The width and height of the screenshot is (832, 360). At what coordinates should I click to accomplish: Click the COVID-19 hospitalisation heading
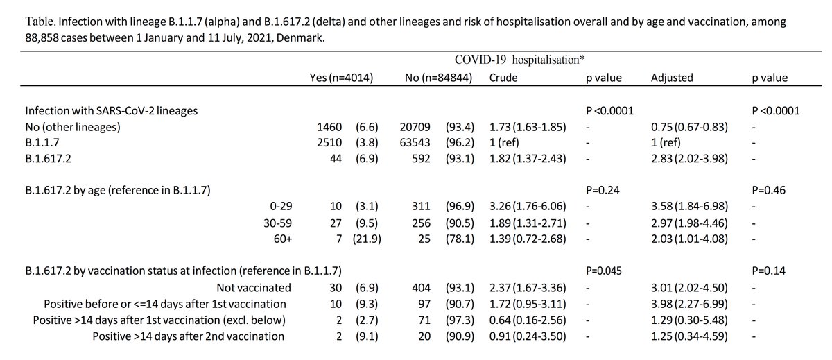(519, 60)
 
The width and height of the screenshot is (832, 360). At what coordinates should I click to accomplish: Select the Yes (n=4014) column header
(341, 78)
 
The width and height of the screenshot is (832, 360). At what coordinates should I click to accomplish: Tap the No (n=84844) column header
(438, 78)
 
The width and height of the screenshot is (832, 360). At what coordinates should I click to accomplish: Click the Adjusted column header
(672, 78)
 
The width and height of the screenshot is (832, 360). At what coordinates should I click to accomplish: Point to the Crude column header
(503, 78)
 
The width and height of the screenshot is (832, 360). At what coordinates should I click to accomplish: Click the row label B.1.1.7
(42, 143)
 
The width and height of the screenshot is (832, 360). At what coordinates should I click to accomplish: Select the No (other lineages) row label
(73, 127)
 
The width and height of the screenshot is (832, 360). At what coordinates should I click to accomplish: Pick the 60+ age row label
(283, 239)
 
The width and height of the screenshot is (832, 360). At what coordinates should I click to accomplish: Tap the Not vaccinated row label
(254, 288)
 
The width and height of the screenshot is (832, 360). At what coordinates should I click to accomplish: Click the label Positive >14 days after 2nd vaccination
(189, 336)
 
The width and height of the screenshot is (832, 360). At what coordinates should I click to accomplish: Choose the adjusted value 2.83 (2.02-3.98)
(689, 159)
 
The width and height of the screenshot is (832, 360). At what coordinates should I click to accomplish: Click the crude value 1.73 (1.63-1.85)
(528, 127)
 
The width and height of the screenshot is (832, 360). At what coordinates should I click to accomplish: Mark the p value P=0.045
(604, 271)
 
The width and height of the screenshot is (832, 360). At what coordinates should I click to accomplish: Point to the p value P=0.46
(769, 190)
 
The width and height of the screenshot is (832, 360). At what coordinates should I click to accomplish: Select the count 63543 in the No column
(415, 143)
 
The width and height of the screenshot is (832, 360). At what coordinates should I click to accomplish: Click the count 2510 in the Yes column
(329, 143)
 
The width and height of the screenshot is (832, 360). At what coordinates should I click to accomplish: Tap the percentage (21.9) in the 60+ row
(367, 239)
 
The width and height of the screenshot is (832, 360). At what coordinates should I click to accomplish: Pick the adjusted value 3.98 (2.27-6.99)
(689, 304)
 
